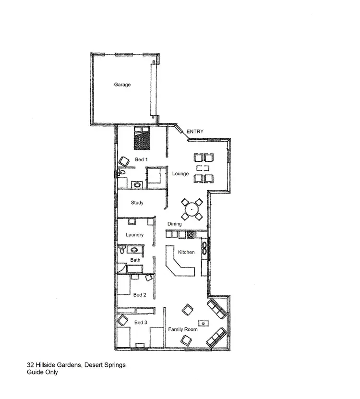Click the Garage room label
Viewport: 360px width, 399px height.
click(x=122, y=85)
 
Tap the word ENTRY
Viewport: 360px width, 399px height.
click(x=195, y=132)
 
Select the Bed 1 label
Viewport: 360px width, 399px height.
click(x=141, y=159)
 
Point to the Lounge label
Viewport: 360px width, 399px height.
click(x=181, y=173)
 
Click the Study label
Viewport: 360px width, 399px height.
click(x=137, y=203)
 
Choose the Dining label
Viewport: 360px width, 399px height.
click(x=174, y=224)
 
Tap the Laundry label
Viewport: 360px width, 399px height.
click(x=135, y=235)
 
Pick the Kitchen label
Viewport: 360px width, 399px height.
click(x=186, y=252)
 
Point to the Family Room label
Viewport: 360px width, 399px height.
click(x=182, y=329)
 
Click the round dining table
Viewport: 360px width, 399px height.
click(x=192, y=209)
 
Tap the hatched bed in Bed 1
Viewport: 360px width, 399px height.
click(x=141, y=139)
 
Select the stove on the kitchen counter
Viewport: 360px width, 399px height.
click(x=191, y=235)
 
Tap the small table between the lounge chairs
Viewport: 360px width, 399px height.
click(x=203, y=168)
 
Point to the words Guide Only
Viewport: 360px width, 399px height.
click(x=42, y=372)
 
